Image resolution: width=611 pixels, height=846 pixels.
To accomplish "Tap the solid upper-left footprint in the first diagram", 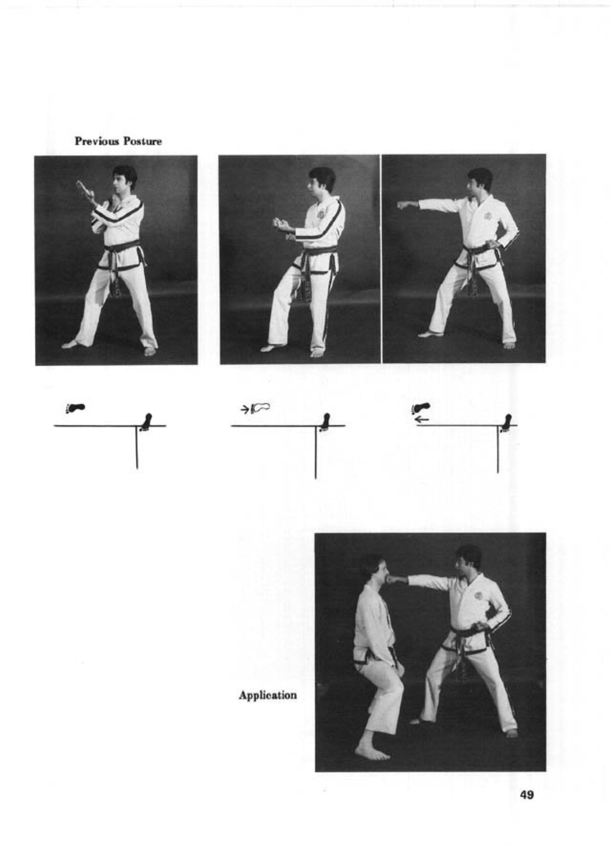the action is tap(75, 408).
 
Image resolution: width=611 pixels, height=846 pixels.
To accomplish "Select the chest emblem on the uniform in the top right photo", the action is tap(488, 217).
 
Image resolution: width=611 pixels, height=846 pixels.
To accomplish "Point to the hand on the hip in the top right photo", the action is tap(491, 245).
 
